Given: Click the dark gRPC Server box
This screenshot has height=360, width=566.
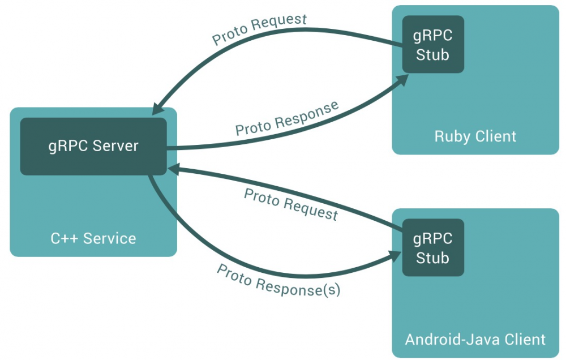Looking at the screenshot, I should (x=93, y=146).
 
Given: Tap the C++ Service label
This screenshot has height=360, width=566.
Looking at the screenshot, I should (x=93, y=238).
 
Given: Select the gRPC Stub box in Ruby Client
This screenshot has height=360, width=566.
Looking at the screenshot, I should (x=433, y=45).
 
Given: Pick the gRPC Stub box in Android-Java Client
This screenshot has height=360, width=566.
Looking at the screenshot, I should (x=433, y=248).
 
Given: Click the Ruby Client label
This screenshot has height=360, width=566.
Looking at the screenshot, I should (x=475, y=136).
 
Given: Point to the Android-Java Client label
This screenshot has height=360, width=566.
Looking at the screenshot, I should (x=475, y=340).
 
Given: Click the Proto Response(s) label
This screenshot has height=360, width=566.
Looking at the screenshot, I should (x=278, y=280).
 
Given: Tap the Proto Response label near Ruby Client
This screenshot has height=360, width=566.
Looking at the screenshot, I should (x=287, y=118).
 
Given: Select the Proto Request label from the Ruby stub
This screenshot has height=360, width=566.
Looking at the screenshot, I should (x=259, y=29).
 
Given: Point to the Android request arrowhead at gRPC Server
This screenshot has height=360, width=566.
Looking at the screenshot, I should (x=173, y=168).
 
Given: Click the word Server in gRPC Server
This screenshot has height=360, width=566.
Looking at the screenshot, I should (x=115, y=146).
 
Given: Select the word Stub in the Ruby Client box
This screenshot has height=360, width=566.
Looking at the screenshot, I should (x=433, y=55).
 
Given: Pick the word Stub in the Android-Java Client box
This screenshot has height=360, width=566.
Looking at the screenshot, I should (x=433, y=258).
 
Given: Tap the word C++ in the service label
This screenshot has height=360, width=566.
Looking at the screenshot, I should (x=62, y=238).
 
